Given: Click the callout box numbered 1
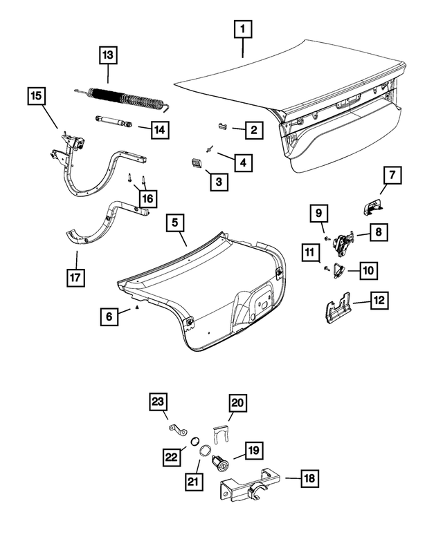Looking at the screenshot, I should coord(243,30).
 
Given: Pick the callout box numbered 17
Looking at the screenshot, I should coord(75,279).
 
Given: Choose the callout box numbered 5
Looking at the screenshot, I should coord(175,223).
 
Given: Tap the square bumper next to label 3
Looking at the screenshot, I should coord(195,162).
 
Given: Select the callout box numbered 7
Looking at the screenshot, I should coord(390,176).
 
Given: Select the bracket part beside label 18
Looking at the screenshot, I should coord(249,484).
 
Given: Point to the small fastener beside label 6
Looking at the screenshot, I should coord(137,308).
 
